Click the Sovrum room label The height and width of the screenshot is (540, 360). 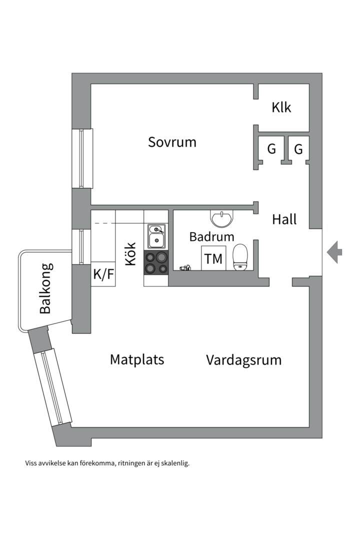(x=172, y=142)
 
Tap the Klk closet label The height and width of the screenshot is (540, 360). (x=281, y=107)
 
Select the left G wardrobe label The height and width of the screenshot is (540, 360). (x=271, y=149)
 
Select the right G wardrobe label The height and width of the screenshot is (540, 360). (x=298, y=149)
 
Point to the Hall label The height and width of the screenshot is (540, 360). (x=284, y=219)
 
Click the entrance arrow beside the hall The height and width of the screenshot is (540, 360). (x=334, y=251)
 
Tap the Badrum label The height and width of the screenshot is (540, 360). (x=211, y=236)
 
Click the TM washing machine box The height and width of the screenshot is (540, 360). (x=213, y=258)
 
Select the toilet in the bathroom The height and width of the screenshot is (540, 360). (x=240, y=256)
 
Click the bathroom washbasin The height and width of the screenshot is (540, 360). (x=221, y=218)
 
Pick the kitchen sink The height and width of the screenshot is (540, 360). (x=156, y=236)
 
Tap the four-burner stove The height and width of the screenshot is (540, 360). (x=156, y=262)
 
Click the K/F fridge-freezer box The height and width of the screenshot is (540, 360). (x=103, y=274)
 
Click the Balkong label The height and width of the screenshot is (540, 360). (x=45, y=288)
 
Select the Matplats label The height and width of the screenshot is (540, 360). (x=137, y=359)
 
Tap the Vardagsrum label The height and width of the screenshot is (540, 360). (x=243, y=360)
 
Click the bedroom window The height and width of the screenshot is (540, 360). (x=82, y=158)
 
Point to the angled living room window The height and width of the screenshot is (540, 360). (x=53, y=387)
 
